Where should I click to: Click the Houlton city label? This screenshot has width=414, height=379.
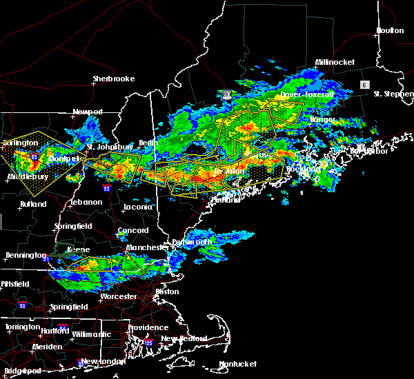click(x=389, y=30)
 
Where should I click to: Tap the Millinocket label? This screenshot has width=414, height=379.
click(x=335, y=62)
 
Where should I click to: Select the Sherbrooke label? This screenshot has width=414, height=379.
click(x=113, y=79)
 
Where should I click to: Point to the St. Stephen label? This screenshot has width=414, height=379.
click(x=392, y=93)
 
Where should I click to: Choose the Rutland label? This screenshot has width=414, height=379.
click(x=33, y=204)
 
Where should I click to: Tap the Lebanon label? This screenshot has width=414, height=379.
click(x=86, y=203)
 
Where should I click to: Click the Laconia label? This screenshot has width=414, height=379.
click(x=137, y=207)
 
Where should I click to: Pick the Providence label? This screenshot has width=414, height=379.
click(x=148, y=328)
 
